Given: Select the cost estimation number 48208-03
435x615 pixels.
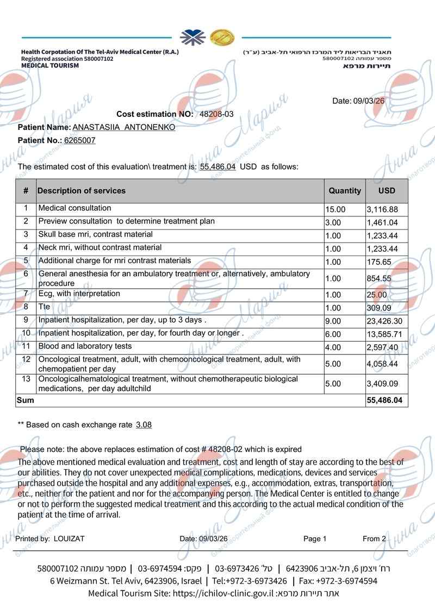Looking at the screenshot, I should click(x=216, y=114).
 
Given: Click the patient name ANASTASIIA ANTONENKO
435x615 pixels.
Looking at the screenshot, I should click(x=124, y=127).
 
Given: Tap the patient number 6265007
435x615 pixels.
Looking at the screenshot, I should click(x=80, y=140).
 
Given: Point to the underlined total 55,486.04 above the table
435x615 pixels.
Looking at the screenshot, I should click(x=217, y=166).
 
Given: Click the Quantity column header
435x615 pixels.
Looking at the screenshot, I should click(x=344, y=191).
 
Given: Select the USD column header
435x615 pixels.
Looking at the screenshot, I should click(x=387, y=191).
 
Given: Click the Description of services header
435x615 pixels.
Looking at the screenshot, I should click(x=82, y=191).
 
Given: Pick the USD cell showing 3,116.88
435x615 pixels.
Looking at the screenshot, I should click(x=382, y=209).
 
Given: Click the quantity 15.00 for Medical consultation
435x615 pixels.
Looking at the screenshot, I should click(x=335, y=209).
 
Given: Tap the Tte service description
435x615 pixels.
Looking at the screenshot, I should click(x=44, y=307).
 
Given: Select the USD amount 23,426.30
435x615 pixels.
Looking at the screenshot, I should click(x=384, y=321).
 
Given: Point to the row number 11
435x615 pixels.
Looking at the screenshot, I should click(x=26, y=346).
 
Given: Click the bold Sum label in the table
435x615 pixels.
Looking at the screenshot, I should click(x=26, y=400).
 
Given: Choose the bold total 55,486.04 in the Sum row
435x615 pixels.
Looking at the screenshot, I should click(x=384, y=400).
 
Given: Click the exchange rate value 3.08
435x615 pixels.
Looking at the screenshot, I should click(x=144, y=425).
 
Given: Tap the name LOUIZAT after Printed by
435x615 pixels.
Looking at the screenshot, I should click(x=69, y=539).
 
